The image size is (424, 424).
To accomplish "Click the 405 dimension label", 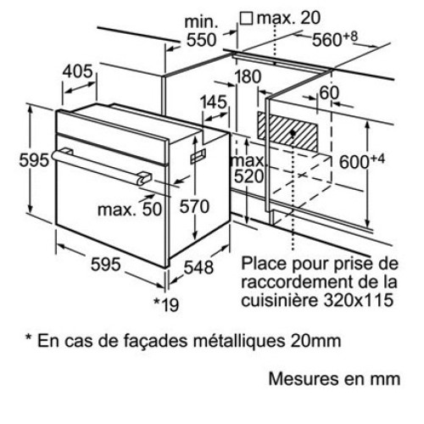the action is click(77, 71).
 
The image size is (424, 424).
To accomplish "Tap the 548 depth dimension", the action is click(198, 267).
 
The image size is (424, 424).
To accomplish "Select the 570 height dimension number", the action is click(194, 206).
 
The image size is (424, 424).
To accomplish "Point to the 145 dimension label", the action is click(214, 102).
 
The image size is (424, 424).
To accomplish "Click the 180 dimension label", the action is click(248, 76).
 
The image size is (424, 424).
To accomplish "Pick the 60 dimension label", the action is click(329, 92).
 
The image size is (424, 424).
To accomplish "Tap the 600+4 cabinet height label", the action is click(362, 161).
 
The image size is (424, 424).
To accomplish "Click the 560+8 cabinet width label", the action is click(335, 39).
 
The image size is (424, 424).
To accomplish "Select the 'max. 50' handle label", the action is click(130, 209).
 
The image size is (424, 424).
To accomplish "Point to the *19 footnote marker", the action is click(166, 304).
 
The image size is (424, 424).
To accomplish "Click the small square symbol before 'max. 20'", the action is click(246, 19).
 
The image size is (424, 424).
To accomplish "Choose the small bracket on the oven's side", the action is click(198, 156).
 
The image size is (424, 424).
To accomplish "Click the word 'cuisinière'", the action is click(280, 299).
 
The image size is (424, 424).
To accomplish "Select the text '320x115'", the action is click(359, 299).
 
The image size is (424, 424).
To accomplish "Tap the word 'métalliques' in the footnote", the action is click(239, 341).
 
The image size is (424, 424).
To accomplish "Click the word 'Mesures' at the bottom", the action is click(303, 379).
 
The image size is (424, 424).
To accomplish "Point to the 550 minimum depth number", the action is click(202, 40).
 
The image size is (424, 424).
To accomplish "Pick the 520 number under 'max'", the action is click(248, 176).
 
